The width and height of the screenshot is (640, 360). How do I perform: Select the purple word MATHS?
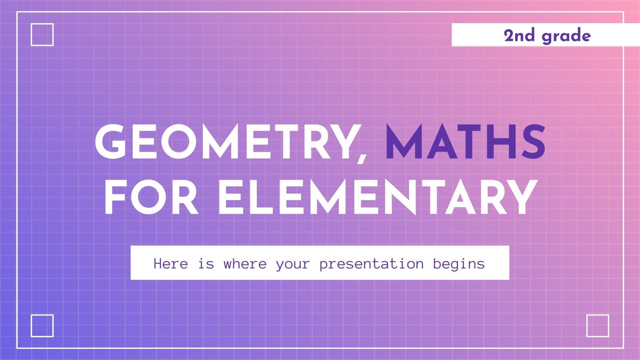pos(465,141)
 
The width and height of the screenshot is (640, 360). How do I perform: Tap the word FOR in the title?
pos(152,198)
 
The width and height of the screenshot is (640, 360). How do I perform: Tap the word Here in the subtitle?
pos(171,264)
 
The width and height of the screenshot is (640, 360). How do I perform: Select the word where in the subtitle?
pos(245,264)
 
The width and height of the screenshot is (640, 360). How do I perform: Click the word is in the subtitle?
pos(206,264)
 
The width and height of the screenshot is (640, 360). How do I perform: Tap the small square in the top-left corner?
pos(42,34)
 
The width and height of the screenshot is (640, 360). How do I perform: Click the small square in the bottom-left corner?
pos(42,326)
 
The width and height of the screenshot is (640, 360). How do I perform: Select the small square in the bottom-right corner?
pos(598,326)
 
